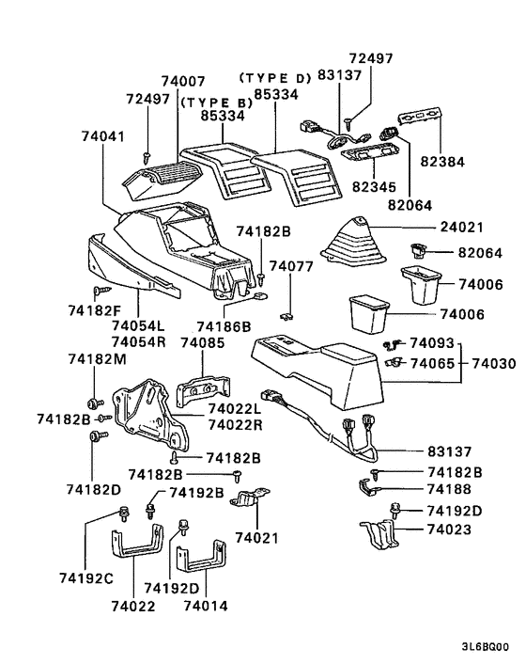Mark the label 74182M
click(95, 359)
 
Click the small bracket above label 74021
click(251, 498)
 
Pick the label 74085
click(201, 344)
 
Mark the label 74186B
click(224, 326)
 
